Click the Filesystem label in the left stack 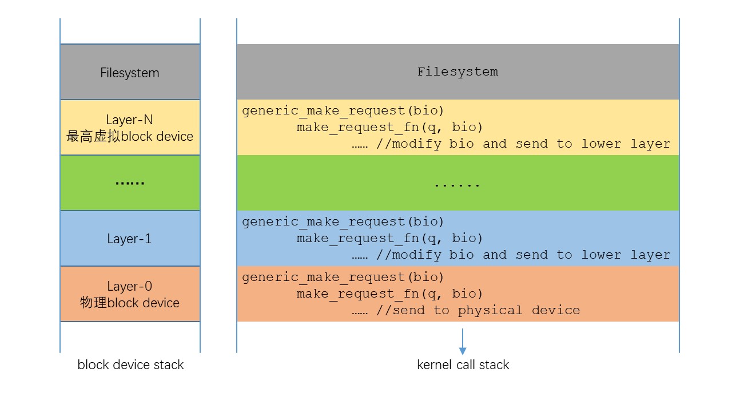click(x=130, y=73)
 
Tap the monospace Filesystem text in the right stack click(x=458, y=72)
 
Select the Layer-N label click(x=129, y=120)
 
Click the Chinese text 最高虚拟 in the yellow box click(x=93, y=136)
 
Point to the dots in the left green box click(x=130, y=183)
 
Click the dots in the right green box click(x=457, y=185)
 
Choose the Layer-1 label click(x=129, y=239)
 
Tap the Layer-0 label click(x=129, y=287)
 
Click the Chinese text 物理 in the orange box click(x=93, y=303)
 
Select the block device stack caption click(x=130, y=365)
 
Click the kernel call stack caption click(x=463, y=365)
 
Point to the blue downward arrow click(x=463, y=342)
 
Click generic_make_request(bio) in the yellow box click(x=343, y=111)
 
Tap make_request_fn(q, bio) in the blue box click(x=389, y=239)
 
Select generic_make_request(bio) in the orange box click(x=343, y=278)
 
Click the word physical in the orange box click(x=490, y=311)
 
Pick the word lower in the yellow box click(x=601, y=144)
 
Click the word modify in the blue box click(x=417, y=255)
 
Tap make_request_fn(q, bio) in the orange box click(x=389, y=294)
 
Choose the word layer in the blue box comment click(x=650, y=255)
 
